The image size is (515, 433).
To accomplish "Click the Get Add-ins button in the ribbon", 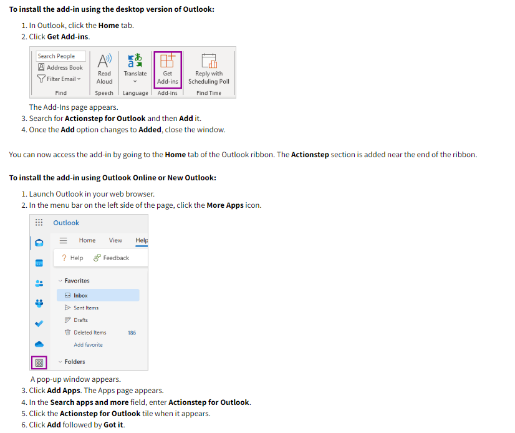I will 167,70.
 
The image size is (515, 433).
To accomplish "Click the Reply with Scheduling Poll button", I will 208,69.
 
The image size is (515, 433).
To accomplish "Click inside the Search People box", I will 60,56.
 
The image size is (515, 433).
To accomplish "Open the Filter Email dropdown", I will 59,79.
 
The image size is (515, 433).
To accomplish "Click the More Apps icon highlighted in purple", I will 39,362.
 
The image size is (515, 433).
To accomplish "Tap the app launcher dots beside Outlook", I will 39,223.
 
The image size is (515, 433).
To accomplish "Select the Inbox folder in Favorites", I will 80,296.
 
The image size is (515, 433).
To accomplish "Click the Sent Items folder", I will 85,308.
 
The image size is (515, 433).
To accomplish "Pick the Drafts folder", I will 80,320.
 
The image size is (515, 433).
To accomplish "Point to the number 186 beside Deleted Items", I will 132,333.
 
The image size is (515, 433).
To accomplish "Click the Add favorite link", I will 88,345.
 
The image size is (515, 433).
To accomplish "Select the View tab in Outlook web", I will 115,240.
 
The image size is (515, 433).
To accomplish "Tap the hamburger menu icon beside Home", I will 63,240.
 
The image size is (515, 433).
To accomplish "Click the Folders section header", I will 74,362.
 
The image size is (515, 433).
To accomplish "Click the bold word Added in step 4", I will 150,130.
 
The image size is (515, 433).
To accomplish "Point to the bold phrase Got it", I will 114,425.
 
